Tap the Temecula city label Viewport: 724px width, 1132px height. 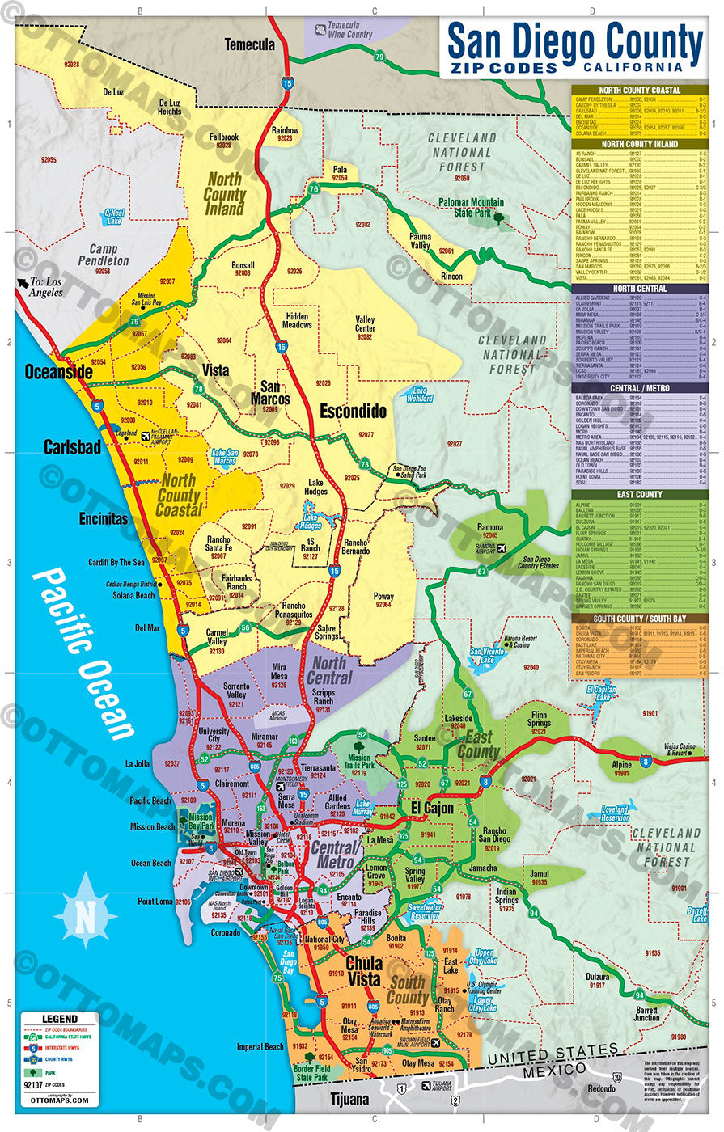click(x=249, y=44)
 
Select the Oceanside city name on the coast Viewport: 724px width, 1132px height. click(x=58, y=372)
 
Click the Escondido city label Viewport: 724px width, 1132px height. click(x=353, y=411)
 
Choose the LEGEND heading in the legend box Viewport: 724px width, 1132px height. click(x=60, y=1019)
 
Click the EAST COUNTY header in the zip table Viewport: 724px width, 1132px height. click(x=639, y=494)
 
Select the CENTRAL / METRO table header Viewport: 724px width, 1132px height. click(x=639, y=388)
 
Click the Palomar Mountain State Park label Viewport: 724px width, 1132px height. click(x=471, y=208)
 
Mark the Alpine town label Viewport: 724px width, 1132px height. click(x=621, y=764)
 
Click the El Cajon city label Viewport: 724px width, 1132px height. click(x=432, y=808)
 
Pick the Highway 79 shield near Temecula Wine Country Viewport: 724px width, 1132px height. click(x=379, y=56)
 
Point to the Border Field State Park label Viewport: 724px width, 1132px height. click(x=311, y=1073)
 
